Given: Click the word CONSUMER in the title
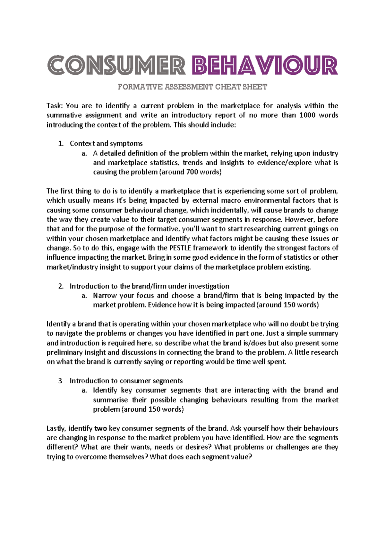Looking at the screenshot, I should [116, 65].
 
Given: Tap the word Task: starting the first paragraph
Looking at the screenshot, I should [56, 106].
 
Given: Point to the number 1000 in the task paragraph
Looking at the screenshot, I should [307, 115].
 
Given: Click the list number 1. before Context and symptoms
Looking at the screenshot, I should [61, 144].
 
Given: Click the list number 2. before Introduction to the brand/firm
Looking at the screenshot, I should [61, 286].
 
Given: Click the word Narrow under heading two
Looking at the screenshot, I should [105, 295].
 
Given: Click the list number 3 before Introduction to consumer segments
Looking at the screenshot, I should [60, 381].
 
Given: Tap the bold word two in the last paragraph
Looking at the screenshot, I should [100, 428].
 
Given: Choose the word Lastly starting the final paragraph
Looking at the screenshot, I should [56, 428].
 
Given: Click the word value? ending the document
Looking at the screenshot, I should [242, 457].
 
